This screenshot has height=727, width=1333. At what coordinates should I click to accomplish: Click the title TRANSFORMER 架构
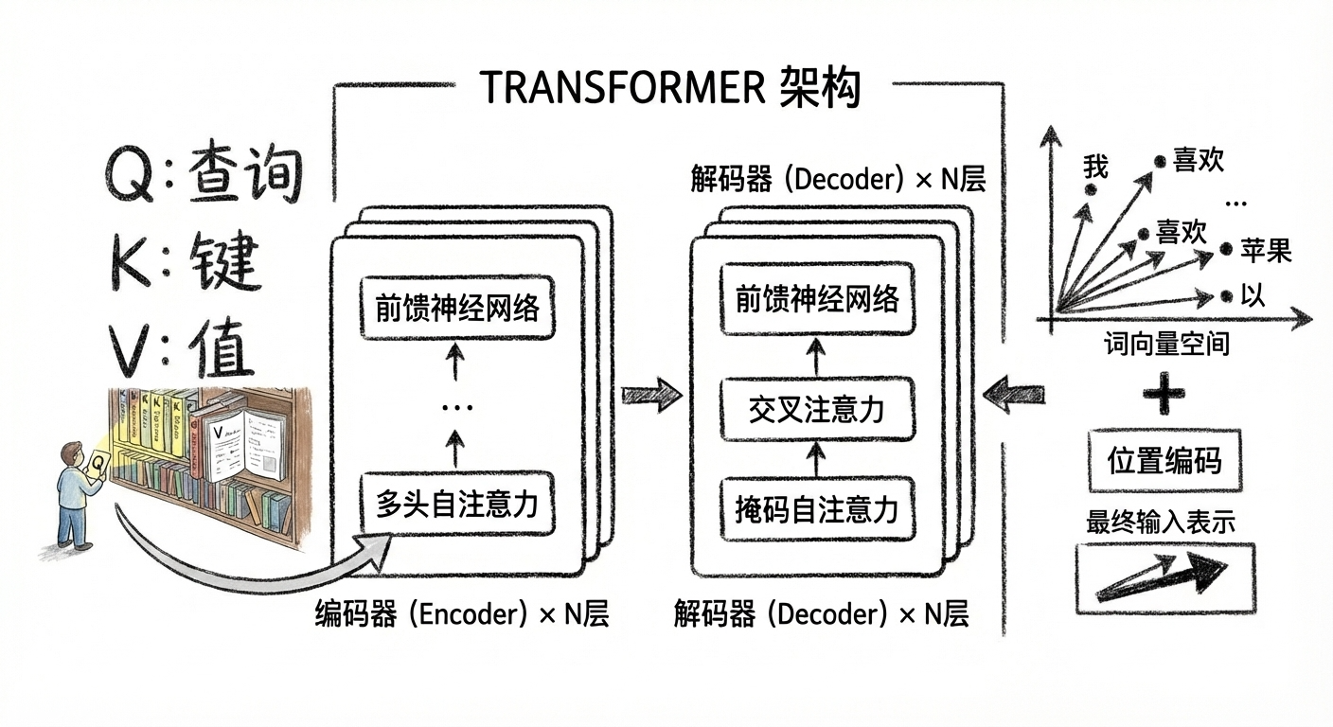pos(669,89)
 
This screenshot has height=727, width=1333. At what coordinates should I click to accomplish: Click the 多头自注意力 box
pos(457,503)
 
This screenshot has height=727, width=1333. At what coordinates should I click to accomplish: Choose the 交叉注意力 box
pos(815,410)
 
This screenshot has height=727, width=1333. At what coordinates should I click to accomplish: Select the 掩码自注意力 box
pos(815,509)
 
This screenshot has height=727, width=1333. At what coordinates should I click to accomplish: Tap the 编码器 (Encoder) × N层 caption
pos(461,615)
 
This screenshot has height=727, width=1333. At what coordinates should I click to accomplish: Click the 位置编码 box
pos(1164,461)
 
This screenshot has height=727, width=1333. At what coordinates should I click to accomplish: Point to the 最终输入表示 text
pos(1161,522)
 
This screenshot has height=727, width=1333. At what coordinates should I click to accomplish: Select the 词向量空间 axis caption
pos(1166,343)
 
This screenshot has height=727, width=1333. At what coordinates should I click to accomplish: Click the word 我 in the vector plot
pos(1095,168)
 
